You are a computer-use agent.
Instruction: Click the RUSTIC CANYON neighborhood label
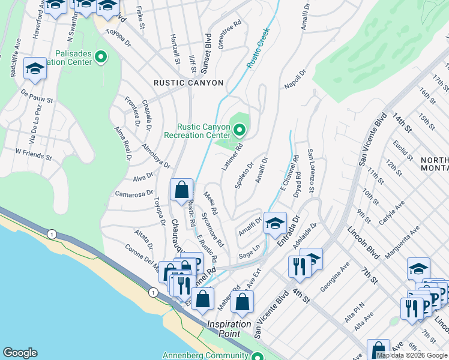point(188,83)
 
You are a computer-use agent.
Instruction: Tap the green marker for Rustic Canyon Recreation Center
point(240,130)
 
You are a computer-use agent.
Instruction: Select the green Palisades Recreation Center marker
point(100,58)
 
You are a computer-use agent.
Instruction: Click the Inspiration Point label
point(229,324)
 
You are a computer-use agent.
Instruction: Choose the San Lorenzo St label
point(310,172)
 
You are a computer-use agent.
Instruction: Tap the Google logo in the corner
point(20,353)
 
